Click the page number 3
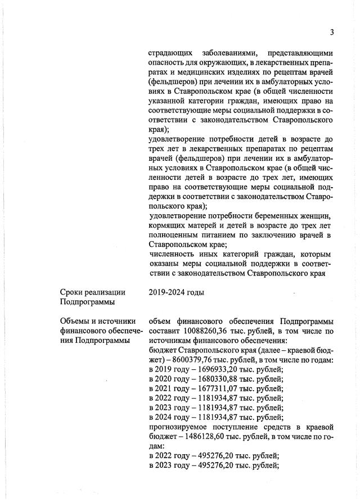point(332,32)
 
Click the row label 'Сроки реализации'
point(93,292)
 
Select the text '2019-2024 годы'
point(176,292)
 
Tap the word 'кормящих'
point(167,225)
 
